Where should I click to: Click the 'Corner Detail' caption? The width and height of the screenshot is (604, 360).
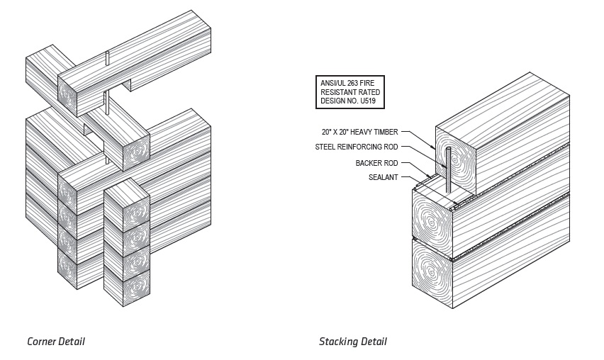(55, 342)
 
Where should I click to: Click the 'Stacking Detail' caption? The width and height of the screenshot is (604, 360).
(352, 342)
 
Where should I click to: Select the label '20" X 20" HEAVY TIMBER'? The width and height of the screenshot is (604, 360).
(359, 133)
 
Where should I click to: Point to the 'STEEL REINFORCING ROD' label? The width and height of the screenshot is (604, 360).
(356, 147)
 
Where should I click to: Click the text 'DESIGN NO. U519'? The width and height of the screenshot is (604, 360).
(347, 101)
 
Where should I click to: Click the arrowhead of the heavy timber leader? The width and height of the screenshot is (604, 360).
(434, 147)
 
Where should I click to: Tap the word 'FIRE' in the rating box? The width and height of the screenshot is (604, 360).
(370, 84)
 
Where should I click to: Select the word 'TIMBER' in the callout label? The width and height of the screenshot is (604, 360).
(385, 133)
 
